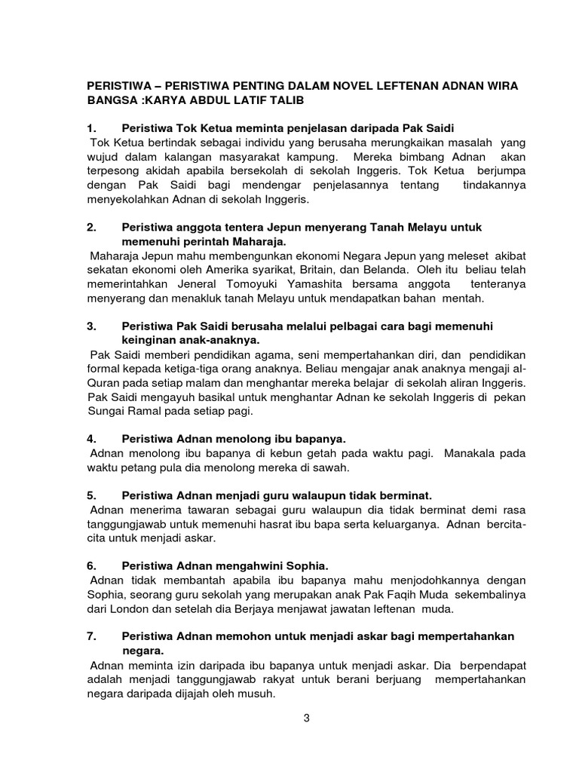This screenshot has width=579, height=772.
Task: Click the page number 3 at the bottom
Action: tap(307, 718)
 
